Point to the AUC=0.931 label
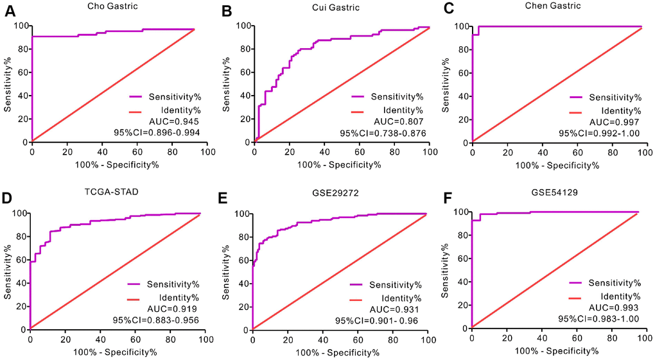(x=379, y=308)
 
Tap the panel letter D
(x=8, y=198)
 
